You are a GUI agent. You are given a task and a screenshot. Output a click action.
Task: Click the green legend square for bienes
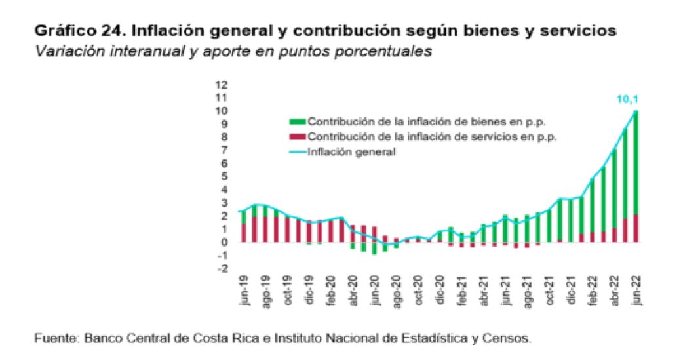(298, 121)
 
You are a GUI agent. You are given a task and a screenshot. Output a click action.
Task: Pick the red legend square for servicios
(298, 137)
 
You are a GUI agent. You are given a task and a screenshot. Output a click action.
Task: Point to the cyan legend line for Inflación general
(298, 152)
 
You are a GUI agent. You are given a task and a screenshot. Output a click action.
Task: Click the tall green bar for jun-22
(635, 164)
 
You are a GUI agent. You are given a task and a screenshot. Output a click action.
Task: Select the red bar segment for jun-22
(635, 228)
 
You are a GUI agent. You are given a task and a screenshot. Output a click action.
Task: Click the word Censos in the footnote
(510, 339)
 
